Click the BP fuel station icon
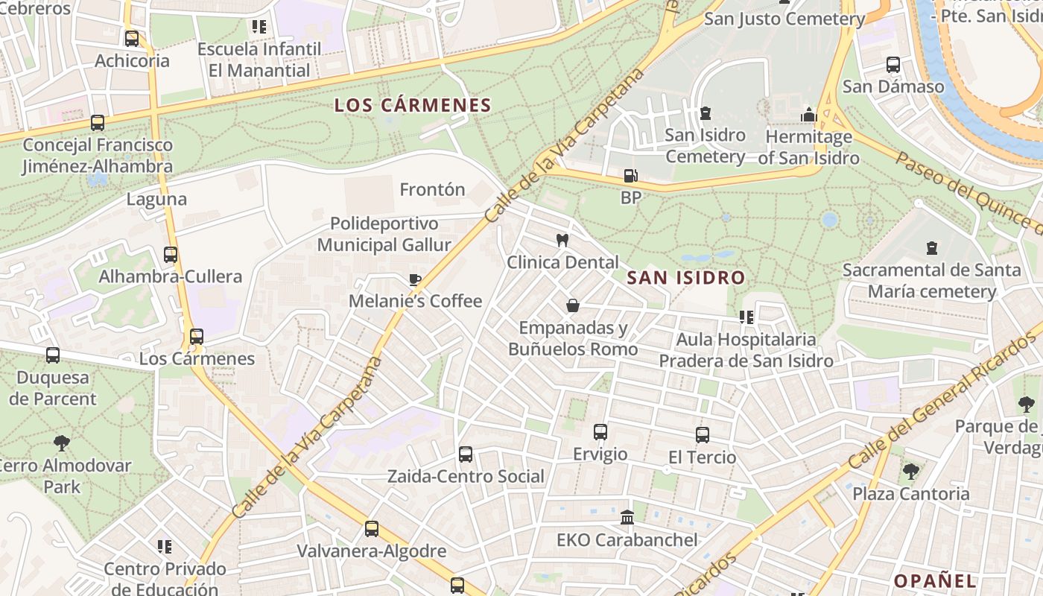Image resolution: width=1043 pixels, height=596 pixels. (630, 176)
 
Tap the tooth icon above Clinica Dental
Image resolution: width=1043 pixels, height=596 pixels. (562, 241)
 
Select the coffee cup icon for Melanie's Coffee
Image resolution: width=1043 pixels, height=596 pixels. (415, 279)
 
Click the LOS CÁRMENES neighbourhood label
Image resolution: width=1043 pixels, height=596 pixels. (413, 105)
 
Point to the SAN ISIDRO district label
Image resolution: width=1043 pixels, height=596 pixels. (685, 278)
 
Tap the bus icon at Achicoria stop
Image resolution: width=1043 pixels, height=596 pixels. (132, 39)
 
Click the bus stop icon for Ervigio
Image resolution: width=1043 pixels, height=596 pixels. (600, 432)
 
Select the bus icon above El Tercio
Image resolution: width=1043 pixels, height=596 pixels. (702, 435)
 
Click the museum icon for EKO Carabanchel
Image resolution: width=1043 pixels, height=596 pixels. (627, 517)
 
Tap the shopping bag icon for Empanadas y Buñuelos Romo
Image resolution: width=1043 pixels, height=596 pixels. (573, 305)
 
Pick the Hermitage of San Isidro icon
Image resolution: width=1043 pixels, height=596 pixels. (808, 115)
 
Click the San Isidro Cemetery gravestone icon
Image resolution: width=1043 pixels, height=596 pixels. (705, 113)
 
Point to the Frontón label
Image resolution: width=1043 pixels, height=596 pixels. (432, 189)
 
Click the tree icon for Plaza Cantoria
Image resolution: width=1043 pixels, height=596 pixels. (910, 472)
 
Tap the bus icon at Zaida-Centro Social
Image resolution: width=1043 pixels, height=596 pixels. (466, 454)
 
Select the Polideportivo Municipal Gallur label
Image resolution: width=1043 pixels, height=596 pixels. (384, 234)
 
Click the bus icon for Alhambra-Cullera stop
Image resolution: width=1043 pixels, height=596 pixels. (171, 255)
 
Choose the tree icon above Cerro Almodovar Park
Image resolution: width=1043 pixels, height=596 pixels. (62, 443)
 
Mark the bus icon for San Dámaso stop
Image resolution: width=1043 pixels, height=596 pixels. (893, 65)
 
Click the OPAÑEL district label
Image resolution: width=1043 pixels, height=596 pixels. (934, 580)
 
